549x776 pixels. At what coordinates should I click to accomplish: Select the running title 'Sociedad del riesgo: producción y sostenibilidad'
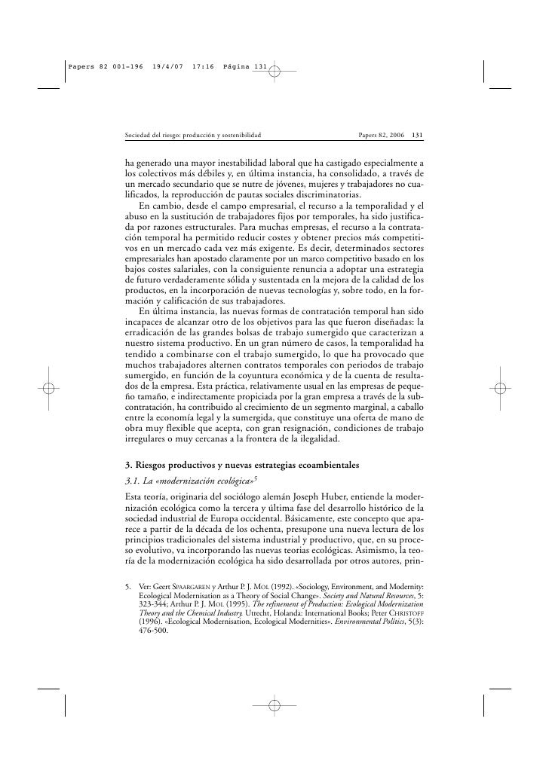(x=193, y=136)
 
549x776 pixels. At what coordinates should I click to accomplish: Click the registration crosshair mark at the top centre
(x=274, y=72)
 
